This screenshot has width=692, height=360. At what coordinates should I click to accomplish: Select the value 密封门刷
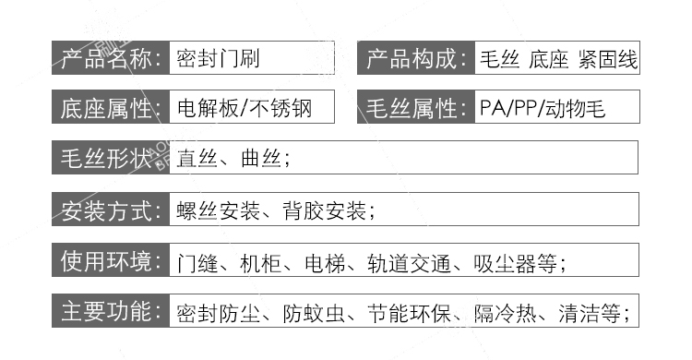[x=219, y=60]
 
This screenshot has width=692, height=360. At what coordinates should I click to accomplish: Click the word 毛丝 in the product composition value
[x=499, y=60]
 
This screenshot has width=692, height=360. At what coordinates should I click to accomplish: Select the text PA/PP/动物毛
[x=543, y=108]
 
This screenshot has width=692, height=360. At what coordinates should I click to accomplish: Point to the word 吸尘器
[x=507, y=261]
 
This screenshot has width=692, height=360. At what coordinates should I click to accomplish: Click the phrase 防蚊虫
[x=313, y=312]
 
